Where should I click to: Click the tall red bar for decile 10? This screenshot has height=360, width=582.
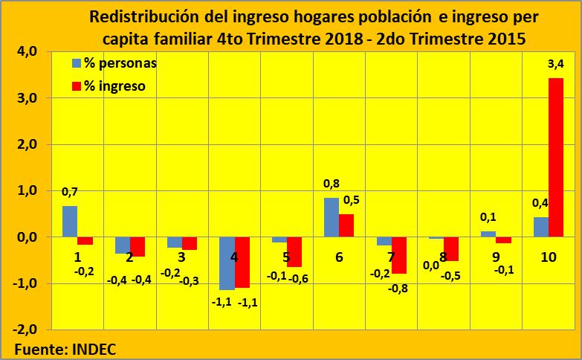click(x=556, y=157)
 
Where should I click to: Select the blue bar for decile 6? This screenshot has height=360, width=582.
click(x=331, y=217)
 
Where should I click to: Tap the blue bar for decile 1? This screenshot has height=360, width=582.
click(x=70, y=222)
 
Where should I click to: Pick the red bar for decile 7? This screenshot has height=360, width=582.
click(x=399, y=255)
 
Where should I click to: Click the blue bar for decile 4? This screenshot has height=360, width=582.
click(x=227, y=263)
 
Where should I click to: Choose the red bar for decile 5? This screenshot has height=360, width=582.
click(x=294, y=251)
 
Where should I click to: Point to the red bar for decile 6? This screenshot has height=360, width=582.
click(x=346, y=225)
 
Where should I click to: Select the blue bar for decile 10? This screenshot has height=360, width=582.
click(x=540, y=227)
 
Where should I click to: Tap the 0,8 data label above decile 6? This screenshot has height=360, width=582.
click(x=332, y=183)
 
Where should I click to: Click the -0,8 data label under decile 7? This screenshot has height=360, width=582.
click(x=398, y=287)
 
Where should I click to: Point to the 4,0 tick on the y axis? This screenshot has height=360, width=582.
click(x=26, y=52)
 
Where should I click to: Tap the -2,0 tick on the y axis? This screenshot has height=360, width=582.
click(x=25, y=330)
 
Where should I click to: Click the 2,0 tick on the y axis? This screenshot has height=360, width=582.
click(x=26, y=145)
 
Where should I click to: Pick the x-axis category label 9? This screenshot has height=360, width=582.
click(x=496, y=257)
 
